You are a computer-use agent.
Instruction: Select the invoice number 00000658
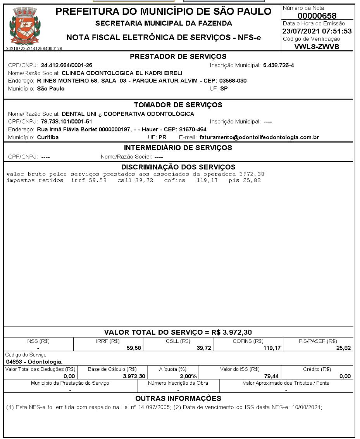click(x=317, y=16)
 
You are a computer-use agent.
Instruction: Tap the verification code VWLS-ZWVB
click(x=317, y=46)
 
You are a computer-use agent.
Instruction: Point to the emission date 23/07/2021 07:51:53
click(x=317, y=31)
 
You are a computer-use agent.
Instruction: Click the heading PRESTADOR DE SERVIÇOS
click(x=178, y=57)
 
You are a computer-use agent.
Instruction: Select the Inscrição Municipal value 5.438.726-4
click(x=278, y=65)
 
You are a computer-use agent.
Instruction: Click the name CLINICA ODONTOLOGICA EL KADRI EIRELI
click(x=122, y=73)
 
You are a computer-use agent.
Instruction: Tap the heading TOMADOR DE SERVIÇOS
click(x=178, y=105)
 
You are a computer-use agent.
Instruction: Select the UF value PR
click(x=162, y=137)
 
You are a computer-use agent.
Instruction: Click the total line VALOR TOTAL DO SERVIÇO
click(x=178, y=332)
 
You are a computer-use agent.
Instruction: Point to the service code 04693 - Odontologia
click(x=32, y=362)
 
